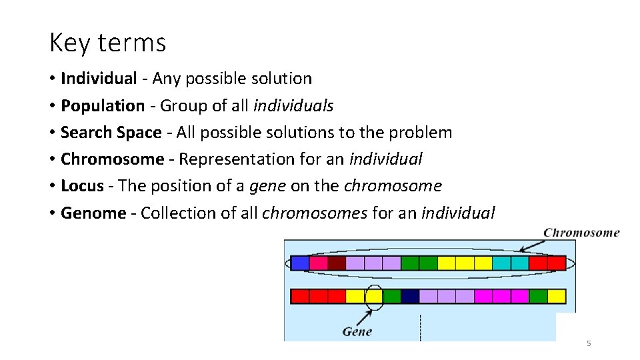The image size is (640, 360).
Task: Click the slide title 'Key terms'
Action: (x=107, y=43)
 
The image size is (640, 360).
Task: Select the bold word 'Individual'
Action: (x=99, y=79)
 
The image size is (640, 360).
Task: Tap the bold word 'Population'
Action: (x=103, y=106)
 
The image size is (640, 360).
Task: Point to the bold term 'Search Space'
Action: (x=111, y=133)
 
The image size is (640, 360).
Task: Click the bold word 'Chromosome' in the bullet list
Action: (x=112, y=159)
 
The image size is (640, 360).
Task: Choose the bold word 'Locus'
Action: (x=82, y=186)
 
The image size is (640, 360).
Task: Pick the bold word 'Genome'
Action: (x=93, y=213)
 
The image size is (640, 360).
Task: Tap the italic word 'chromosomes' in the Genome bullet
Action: (x=315, y=213)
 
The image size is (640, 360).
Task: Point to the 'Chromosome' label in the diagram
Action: (x=581, y=233)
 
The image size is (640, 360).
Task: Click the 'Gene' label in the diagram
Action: (x=357, y=331)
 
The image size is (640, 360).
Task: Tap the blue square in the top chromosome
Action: (x=300, y=263)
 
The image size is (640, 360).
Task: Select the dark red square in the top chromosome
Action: (x=337, y=263)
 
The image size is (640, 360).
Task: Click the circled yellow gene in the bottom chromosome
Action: (x=374, y=296)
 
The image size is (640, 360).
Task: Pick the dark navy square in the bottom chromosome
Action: (x=410, y=296)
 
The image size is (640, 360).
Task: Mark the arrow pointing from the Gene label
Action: (x=365, y=317)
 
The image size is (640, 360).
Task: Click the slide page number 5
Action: (x=588, y=343)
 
